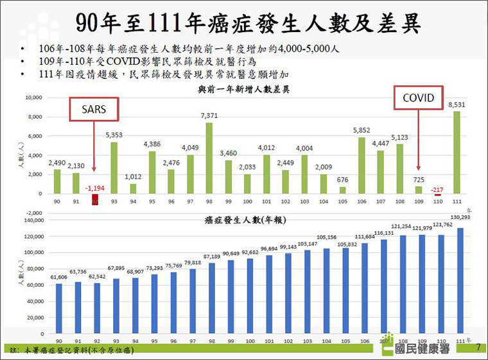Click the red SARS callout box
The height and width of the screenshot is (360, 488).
tap(93, 110)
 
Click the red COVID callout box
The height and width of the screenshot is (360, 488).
tap(418, 98)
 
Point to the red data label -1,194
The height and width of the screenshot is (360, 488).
tap(95, 187)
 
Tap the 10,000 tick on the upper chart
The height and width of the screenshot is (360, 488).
tap(33, 98)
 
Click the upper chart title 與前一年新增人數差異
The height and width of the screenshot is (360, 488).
tap(243, 90)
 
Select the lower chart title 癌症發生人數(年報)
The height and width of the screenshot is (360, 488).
tap(245, 219)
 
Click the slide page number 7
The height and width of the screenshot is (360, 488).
tap(478, 347)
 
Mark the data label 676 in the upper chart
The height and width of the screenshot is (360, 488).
tap(342, 180)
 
